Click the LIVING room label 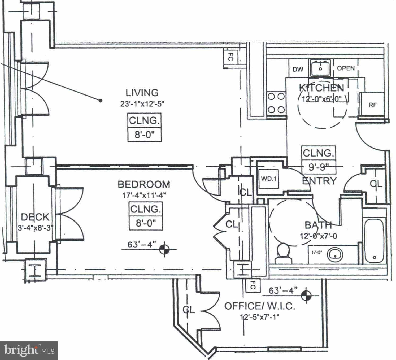(142, 93)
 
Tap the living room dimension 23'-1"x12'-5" (142, 103)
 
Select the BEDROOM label (144, 184)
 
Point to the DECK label (35, 217)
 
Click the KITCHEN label (321, 88)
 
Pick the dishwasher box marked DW (298, 70)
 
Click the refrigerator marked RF (372, 105)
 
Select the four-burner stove (276, 103)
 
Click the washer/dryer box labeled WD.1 (269, 179)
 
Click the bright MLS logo (29, 350)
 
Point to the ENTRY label (319, 181)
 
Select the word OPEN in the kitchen (346, 68)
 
